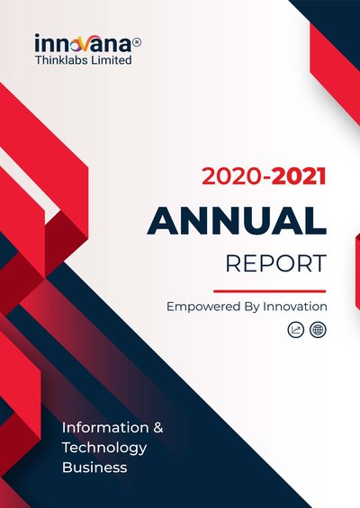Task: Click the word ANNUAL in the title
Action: pos(237,220)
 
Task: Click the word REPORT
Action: pos(276,263)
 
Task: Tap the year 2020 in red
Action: pos(232,176)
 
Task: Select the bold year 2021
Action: pos(299,176)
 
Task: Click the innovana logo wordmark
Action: pos(84,44)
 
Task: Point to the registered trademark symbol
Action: pos(137,42)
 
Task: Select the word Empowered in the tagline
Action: pos(203,307)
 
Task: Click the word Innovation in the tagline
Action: pos(295,307)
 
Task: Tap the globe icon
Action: pos(318,330)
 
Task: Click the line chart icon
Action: pos(296,330)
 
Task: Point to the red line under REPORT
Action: pos(269,291)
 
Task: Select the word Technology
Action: pos(104,449)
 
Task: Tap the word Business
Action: pos(94,468)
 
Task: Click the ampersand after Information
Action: pos(157,428)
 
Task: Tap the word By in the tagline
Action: pos(252,307)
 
